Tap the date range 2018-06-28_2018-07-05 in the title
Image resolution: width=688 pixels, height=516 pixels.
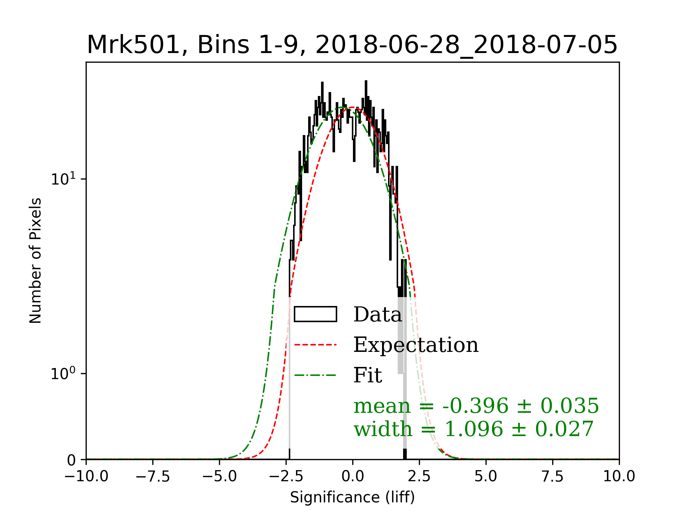tap(466, 45)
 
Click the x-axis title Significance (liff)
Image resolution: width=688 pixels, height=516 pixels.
tap(352, 497)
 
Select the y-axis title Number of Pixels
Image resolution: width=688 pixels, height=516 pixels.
tap(35, 261)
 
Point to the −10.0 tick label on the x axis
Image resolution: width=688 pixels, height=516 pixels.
tap(86, 477)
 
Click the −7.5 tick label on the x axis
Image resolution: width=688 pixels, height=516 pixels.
tap(153, 477)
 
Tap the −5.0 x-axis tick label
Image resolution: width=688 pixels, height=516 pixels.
tap(219, 477)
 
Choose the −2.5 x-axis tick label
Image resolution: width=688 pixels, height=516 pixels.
tap(286, 477)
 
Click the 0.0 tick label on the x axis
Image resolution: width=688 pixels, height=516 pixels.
tap(353, 477)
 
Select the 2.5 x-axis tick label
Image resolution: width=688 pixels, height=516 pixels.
tap(419, 477)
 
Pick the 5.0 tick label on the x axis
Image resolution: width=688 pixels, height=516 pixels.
tap(486, 477)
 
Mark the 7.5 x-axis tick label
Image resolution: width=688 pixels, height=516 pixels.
tap(553, 477)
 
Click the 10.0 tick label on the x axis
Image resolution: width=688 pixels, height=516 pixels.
tap(619, 477)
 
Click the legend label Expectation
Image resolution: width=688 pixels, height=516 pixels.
tap(416, 345)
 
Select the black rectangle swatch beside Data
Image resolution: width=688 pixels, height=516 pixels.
tap(315, 314)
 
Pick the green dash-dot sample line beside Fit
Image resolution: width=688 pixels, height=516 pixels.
tap(315, 376)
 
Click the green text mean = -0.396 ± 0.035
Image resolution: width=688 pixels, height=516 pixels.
tap(476, 406)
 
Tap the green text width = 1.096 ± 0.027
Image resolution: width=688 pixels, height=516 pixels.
tap(474, 429)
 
